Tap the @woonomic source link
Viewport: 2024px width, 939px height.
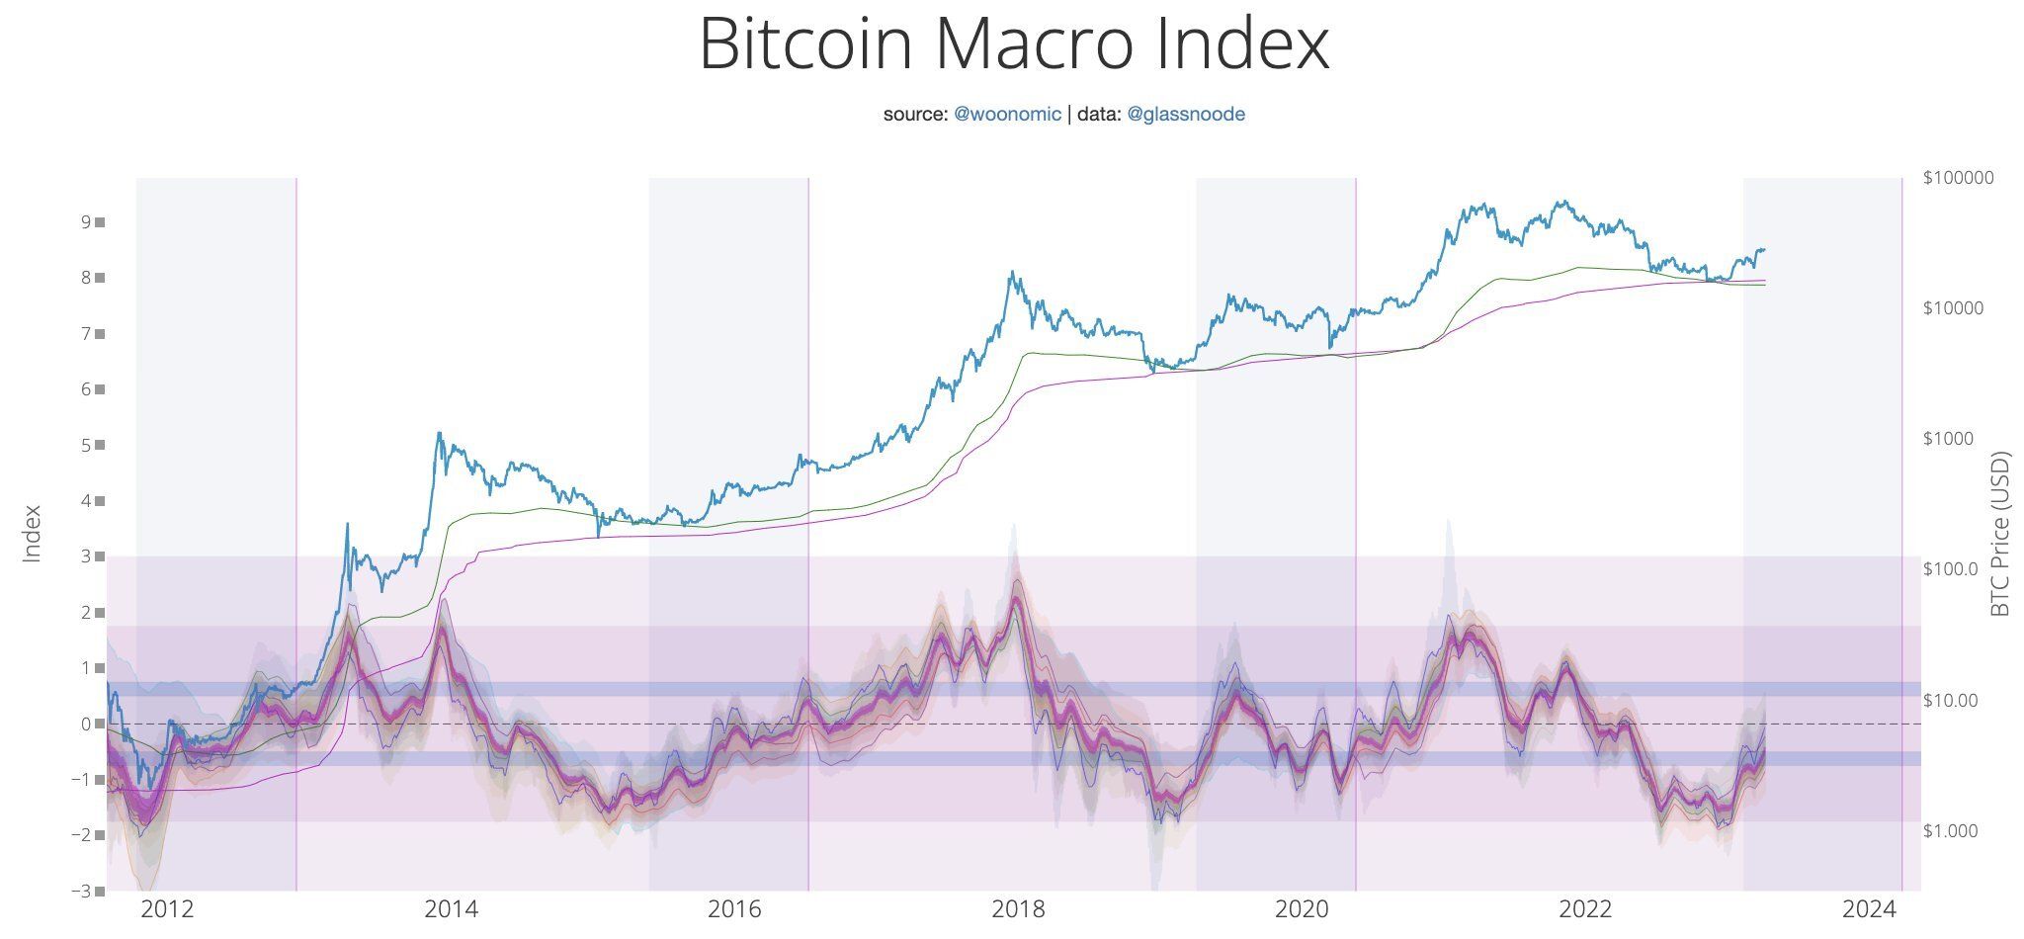click(x=1007, y=114)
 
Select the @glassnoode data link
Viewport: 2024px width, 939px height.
click(x=1185, y=114)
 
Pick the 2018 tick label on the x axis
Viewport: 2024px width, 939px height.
click(x=1019, y=908)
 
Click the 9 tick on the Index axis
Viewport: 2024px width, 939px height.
click(x=87, y=222)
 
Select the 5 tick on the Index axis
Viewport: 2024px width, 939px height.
click(x=87, y=446)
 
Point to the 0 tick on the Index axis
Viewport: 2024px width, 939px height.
click(x=87, y=725)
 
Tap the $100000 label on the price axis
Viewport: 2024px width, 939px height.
click(x=1958, y=178)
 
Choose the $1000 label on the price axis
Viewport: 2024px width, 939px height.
click(x=1950, y=439)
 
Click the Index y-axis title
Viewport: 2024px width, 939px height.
click(x=33, y=534)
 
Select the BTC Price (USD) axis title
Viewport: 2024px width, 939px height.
click(x=2000, y=534)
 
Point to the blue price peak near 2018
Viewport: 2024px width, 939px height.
click(x=1011, y=273)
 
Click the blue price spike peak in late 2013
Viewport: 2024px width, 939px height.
click(x=438, y=433)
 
